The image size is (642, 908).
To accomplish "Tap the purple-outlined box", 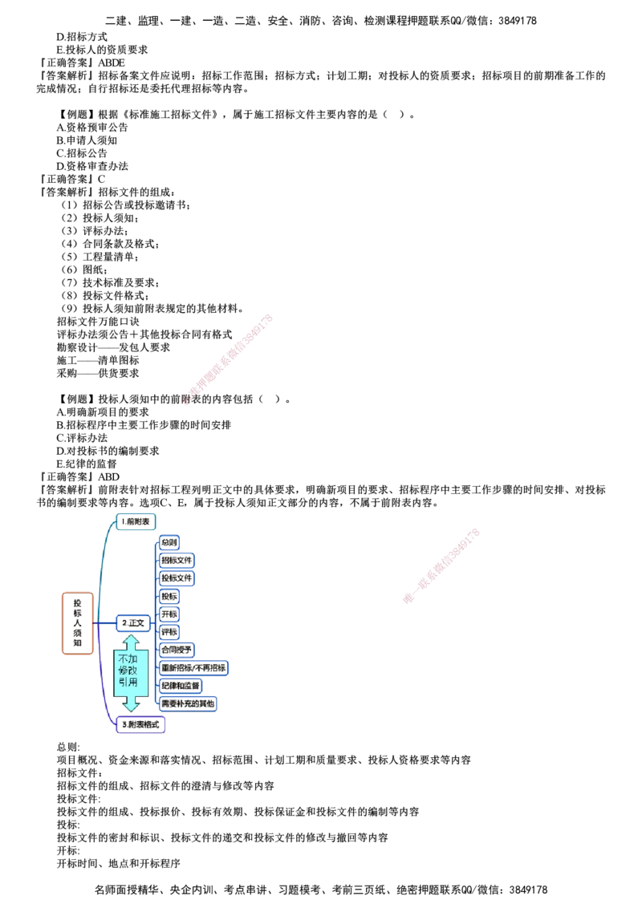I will [140, 725].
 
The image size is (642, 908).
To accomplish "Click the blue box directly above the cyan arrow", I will [132, 622].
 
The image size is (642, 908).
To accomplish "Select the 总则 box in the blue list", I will [169, 542].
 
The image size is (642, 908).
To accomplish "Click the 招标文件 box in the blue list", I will [177, 560].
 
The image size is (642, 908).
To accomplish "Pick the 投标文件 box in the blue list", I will [177, 578].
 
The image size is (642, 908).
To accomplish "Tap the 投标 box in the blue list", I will [169, 596].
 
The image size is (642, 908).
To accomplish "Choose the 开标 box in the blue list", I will [169, 614].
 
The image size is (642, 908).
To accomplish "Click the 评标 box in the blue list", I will [169, 631].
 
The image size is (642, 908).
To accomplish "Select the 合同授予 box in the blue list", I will [178, 649].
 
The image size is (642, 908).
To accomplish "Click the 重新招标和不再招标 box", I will [194, 667].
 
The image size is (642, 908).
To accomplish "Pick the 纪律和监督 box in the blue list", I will [181, 685].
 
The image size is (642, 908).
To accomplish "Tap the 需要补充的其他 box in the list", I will [188, 703].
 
